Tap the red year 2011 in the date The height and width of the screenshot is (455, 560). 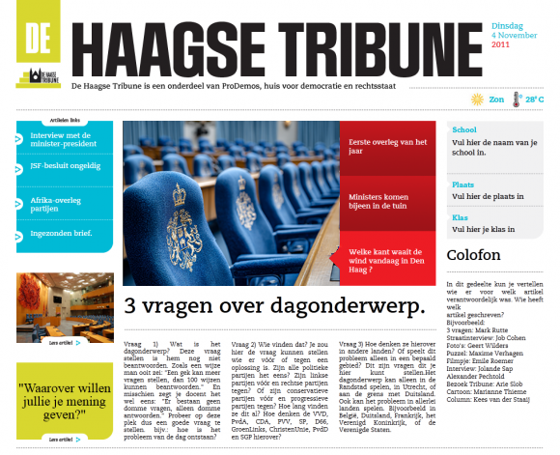point(500,44)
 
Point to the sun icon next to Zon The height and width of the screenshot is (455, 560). point(476,99)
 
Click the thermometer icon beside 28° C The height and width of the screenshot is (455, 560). point(516,99)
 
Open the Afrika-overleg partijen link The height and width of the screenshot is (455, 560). point(54,204)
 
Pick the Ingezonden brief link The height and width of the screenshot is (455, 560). point(59,234)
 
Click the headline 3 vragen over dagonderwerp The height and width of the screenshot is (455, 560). point(276,307)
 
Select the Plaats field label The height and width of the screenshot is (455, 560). point(462,184)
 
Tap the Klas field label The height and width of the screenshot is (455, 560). point(460,218)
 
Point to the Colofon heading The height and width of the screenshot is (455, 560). point(473,255)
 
